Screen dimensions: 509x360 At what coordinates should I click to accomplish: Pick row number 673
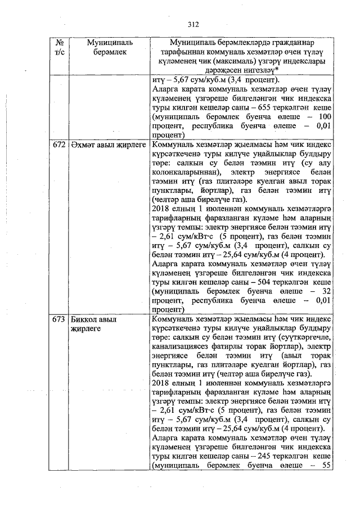pos(59,319)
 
